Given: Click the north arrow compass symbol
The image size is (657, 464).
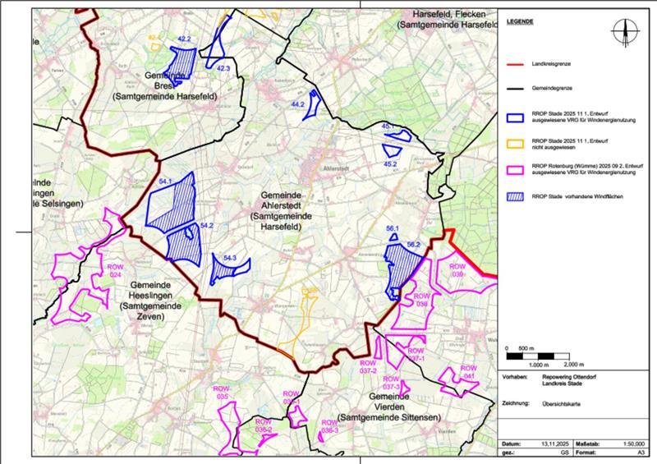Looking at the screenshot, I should point(625,30).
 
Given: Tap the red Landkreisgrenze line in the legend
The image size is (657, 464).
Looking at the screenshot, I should point(517,63).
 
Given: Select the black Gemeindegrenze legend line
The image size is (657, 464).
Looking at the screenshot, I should point(517,86).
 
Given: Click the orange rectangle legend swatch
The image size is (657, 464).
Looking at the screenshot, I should point(517,145).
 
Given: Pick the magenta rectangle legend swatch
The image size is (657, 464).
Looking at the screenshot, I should point(517,171).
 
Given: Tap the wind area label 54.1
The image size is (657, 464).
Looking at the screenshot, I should point(164,181).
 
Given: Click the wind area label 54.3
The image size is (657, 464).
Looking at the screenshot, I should point(230,259).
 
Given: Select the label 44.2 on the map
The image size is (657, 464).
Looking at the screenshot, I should point(298,105).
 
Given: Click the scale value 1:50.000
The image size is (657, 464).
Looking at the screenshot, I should point(630,443).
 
